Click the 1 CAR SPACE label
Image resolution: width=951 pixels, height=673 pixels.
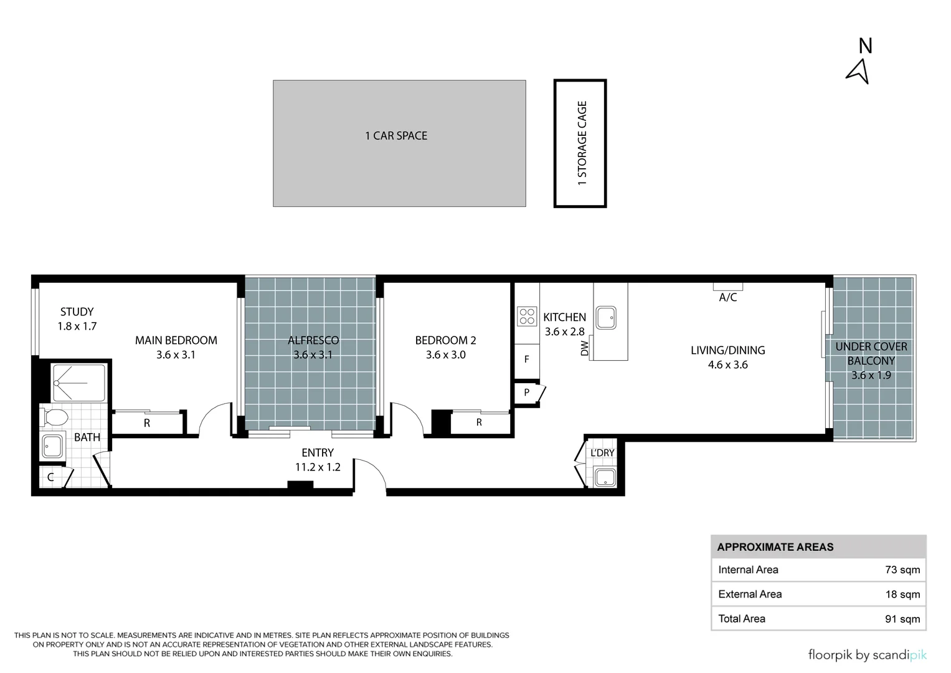tap(396, 136)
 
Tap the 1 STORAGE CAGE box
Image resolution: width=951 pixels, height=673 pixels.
tap(580, 143)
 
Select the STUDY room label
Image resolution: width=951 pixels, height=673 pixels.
tap(77, 312)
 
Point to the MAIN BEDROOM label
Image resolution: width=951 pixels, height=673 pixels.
tap(176, 340)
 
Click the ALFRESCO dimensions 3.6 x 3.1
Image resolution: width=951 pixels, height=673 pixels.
tap(313, 355)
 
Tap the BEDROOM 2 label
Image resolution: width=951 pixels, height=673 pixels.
tap(445, 340)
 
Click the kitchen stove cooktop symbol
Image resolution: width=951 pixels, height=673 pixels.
tap(527, 317)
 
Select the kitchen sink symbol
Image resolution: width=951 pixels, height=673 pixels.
tap(606, 318)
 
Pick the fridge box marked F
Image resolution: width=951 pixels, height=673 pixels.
tap(527, 360)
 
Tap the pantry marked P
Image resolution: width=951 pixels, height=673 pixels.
tap(527, 393)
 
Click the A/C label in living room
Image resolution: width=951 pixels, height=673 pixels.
tap(728, 297)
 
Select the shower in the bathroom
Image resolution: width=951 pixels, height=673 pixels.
tap(78, 383)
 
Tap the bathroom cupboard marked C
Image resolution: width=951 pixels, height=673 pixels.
tap(51, 477)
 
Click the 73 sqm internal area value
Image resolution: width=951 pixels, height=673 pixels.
tap(902, 570)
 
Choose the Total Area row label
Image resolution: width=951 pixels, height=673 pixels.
tap(742, 619)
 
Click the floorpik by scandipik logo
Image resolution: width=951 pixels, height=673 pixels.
tap(867, 655)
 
